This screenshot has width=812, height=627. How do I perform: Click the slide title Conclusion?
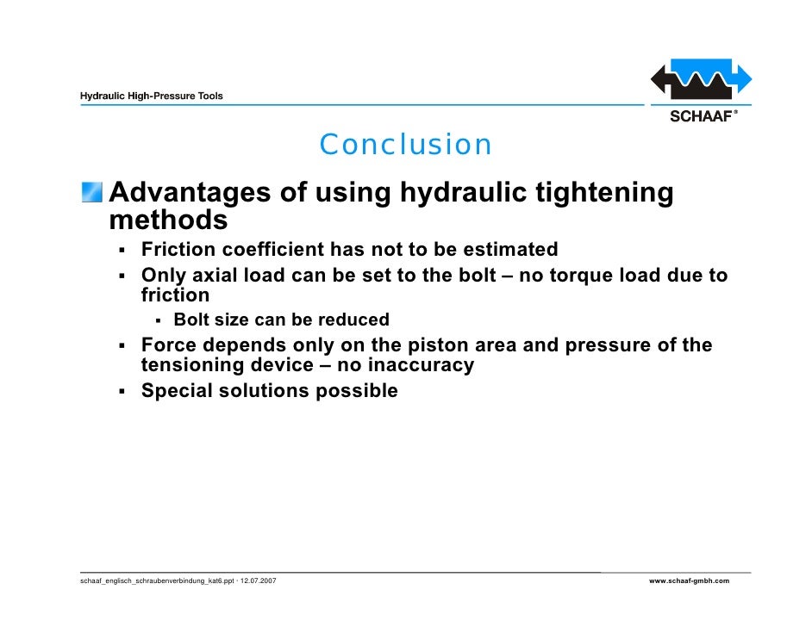pos(405,145)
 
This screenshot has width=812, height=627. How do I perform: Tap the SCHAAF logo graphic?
pos(701,83)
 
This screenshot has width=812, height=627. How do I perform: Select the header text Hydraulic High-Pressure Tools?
pos(152,96)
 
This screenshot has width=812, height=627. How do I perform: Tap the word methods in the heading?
pos(168,220)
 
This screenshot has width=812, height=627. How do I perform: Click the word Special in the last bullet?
pos(178,391)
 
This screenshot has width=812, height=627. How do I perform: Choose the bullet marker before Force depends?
pos(124,346)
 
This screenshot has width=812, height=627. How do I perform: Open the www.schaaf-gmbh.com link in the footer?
pos(689,581)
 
